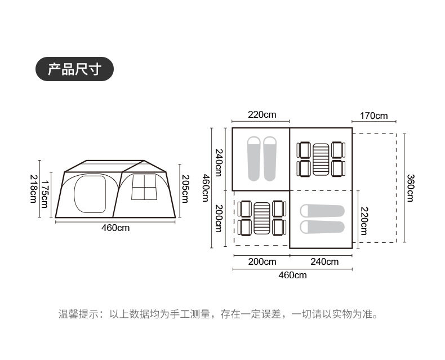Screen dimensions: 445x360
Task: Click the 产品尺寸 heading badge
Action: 74,69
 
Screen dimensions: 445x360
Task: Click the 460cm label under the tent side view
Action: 115,228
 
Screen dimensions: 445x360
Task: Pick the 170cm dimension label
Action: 374,116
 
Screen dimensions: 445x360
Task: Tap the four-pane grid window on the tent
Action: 143,187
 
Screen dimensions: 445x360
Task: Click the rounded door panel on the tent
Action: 90,192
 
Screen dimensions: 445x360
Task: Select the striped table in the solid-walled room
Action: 321,159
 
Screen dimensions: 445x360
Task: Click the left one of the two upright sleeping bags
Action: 254,158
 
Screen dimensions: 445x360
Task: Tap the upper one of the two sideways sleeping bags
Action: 323,211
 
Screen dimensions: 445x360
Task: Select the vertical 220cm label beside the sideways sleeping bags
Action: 364,220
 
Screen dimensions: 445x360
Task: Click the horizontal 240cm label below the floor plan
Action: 324,261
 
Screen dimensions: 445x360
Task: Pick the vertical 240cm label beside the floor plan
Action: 219,159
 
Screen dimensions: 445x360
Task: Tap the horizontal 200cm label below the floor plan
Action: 262,261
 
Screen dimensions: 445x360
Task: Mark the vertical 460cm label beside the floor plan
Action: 206,188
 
